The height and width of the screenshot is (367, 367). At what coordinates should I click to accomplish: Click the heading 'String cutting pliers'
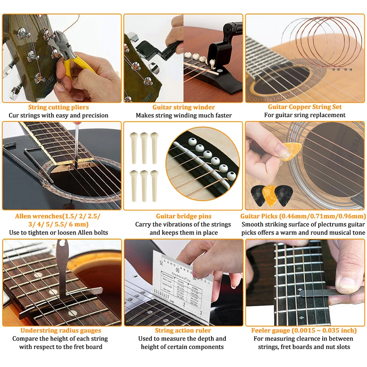pos(59,107)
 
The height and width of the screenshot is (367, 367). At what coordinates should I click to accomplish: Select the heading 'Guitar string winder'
pos(184,107)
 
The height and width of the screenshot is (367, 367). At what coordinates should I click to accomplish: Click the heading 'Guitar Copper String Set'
pos(305,107)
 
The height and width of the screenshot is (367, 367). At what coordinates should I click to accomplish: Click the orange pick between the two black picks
pos(270,195)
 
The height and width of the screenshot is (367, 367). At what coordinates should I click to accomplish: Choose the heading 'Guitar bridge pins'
pos(184,216)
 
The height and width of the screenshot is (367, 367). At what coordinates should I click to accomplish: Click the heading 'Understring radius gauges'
pos(59,331)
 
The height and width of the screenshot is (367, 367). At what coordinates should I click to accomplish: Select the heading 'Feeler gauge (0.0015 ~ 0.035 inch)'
pos(304,331)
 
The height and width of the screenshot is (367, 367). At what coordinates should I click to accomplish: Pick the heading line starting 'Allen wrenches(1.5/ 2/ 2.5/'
pos(57,216)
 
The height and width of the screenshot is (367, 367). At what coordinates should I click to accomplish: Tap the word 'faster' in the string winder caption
pos(223,115)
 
